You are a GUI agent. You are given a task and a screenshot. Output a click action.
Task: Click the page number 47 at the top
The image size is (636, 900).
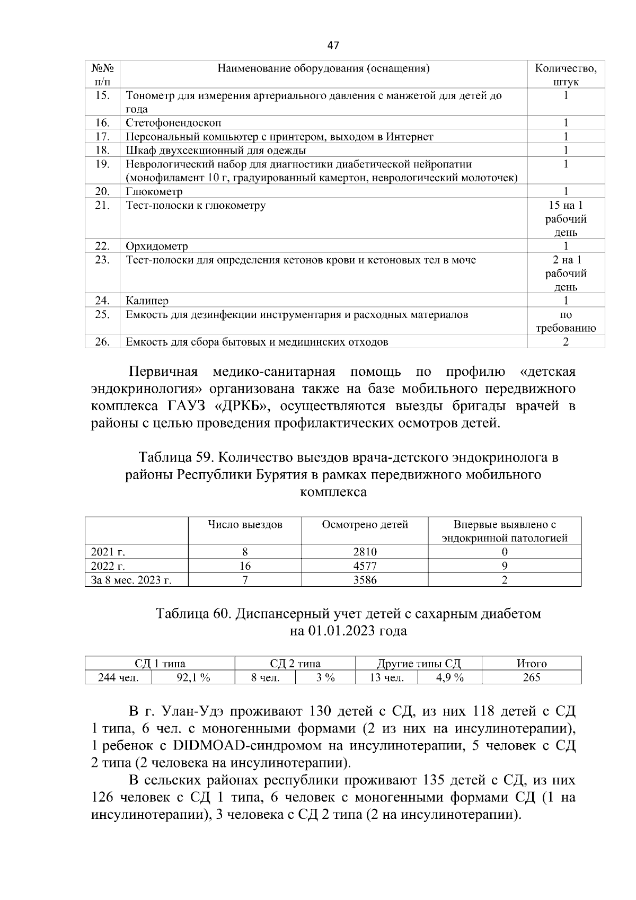[x=333, y=46]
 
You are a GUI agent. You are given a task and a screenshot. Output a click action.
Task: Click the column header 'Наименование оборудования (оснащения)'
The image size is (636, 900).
[x=323, y=68]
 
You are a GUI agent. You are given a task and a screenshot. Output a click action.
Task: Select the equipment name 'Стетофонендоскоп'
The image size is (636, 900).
[x=173, y=123]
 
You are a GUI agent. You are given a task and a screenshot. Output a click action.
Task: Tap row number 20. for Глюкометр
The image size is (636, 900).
[x=102, y=191]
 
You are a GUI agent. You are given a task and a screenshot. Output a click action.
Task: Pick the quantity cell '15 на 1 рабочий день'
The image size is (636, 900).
[x=566, y=218]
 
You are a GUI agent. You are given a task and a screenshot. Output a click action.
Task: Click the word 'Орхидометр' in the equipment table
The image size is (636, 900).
[x=157, y=246]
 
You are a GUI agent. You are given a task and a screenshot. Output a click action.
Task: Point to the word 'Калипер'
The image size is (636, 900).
[x=147, y=301]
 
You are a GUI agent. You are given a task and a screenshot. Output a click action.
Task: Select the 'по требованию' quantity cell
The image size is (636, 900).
[x=566, y=321]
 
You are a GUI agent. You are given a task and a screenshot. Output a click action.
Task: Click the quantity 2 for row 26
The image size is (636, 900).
[x=566, y=342]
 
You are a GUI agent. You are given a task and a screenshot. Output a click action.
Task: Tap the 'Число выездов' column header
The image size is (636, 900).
[x=245, y=525]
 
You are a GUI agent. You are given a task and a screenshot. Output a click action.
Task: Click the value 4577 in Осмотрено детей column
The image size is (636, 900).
[x=365, y=566]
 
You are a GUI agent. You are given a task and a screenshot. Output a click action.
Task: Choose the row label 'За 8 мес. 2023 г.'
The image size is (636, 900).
[x=131, y=580]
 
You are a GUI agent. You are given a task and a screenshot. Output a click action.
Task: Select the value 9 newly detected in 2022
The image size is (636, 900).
[x=505, y=566]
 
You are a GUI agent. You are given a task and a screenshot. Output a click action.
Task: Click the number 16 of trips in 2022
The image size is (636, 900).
[x=245, y=566]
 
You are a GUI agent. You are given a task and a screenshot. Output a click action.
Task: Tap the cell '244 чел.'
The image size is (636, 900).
[x=118, y=677]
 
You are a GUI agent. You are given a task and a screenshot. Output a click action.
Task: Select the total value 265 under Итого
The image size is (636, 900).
[x=531, y=677]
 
